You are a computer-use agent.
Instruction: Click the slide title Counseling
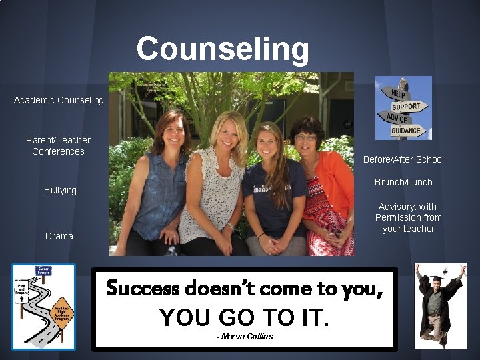(223, 49)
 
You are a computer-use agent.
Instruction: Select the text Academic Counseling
(59, 100)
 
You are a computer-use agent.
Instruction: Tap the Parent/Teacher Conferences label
(58, 145)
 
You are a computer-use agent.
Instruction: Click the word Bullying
(60, 190)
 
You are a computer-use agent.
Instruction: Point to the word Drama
(59, 236)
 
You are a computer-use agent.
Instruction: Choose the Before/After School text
(403, 159)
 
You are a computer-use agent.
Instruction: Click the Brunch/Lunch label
(403, 182)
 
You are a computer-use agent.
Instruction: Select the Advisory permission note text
(408, 218)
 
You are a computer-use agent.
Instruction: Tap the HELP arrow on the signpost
(398, 91)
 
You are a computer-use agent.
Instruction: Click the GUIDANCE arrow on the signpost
(405, 131)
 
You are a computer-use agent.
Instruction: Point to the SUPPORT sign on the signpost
(405, 106)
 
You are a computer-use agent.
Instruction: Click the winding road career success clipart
(44, 307)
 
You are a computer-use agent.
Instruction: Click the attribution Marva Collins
(245, 336)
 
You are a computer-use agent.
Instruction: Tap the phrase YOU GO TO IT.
(245, 317)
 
